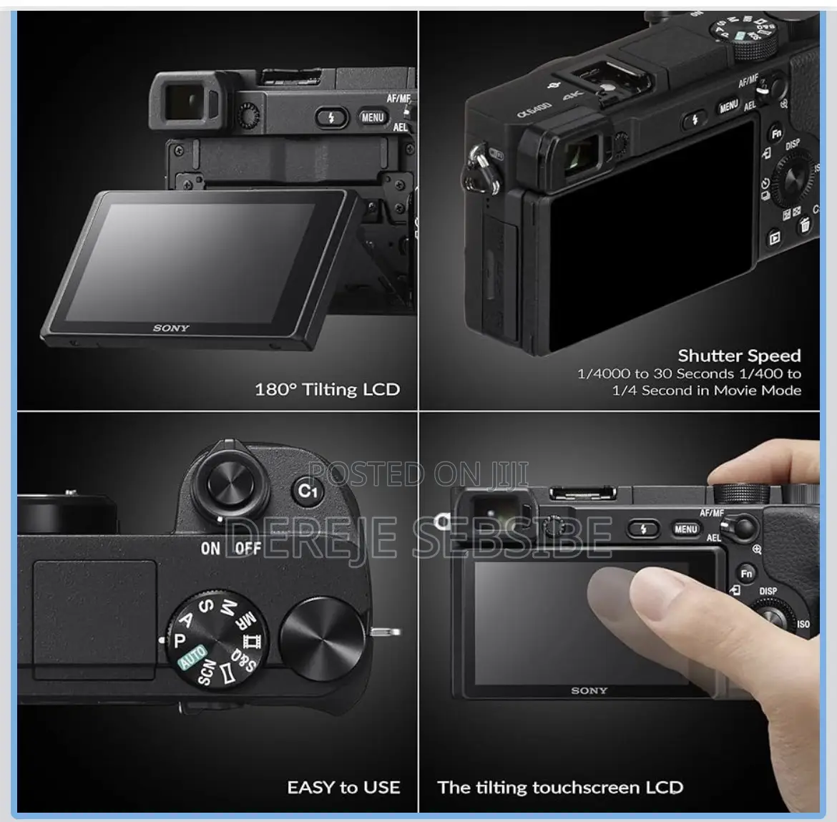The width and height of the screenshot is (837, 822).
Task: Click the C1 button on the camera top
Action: point(307,491)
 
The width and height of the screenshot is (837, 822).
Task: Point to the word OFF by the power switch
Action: point(248,549)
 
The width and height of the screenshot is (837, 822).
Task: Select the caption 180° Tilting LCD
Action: point(327,390)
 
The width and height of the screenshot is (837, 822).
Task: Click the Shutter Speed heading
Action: point(739,356)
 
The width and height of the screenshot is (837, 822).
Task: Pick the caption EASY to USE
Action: point(343,788)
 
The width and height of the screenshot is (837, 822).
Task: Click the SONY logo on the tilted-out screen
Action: point(172,328)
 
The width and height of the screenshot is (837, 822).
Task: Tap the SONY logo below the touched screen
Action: point(589,691)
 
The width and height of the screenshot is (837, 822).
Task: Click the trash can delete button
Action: point(804,226)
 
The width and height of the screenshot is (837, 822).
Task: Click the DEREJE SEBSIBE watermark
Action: point(418,535)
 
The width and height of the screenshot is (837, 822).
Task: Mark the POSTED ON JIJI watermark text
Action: point(418,474)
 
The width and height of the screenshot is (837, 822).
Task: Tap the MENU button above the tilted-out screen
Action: point(373,117)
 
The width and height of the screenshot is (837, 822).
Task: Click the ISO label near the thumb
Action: point(803,625)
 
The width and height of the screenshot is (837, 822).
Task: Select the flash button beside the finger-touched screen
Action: point(642,529)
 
